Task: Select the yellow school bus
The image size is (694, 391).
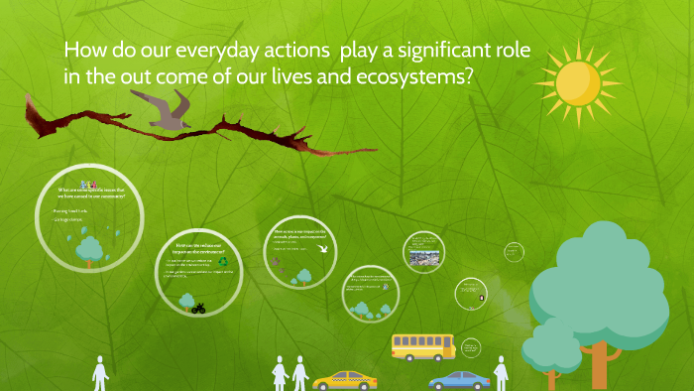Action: tap(422, 346)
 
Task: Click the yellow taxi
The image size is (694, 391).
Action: tap(344, 380)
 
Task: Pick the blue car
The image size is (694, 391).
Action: tap(459, 380)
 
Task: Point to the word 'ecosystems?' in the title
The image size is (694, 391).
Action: tap(408, 80)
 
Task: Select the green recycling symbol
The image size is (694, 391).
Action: tap(225, 262)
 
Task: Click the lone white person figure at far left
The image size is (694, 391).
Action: tap(99, 374)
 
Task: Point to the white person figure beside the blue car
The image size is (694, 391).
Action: tap(501, 374)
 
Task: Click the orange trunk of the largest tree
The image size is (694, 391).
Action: tap(599, 363)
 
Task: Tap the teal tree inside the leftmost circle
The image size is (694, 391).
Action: tap(90, 249)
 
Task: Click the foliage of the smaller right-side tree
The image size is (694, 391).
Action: tap(550, 344)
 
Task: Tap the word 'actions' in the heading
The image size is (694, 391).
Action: tap(295, 51)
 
